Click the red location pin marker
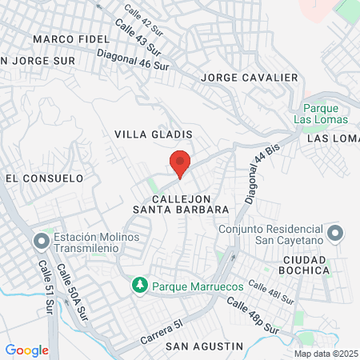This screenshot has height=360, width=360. click(x=181, y=162)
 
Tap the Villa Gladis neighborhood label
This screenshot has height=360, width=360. click(x=154, y=134)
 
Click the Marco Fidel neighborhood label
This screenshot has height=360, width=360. click(x=70, y=39)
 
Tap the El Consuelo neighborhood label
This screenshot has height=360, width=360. click(x=44, y=178)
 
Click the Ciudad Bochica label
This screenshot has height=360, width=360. click(x=306, y=265)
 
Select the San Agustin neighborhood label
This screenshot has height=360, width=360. click(x=204, y=346)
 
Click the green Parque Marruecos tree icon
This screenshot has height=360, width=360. click(x=139, y=284)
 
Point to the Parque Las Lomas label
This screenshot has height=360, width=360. click(x=326, y=114)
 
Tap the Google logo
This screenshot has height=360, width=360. click(x=26, y=350)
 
